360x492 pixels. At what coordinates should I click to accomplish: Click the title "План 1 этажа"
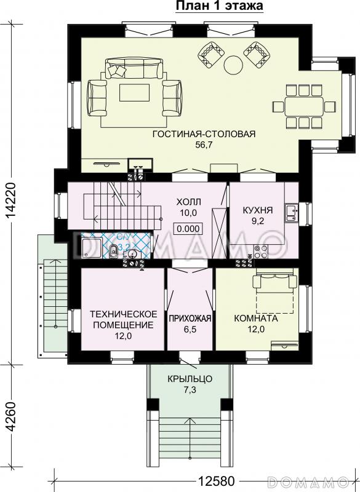coord(219,6)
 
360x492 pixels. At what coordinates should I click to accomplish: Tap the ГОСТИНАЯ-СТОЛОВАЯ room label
coord(204,134)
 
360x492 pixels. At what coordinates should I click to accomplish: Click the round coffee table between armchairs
coord(233,65)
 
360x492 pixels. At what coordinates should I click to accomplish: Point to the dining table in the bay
coord(304,106)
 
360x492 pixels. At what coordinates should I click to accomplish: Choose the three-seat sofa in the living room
coord(134,68)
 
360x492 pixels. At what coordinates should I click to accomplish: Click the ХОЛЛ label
coord(189,202)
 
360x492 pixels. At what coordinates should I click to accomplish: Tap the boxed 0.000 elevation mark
coord(188,229)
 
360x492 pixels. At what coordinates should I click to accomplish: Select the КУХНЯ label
coord(258,210)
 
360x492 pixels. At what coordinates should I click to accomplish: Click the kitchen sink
coord(291,213)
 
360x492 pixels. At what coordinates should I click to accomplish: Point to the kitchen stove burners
coord(261,252)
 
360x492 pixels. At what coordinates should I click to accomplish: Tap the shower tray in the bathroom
coord(92,248)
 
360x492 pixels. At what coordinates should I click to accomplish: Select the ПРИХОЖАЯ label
coord(190,319)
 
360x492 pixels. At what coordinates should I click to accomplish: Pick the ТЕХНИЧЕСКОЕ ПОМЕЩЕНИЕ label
coord(123,319)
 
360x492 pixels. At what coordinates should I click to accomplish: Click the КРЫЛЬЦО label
coord(190,379)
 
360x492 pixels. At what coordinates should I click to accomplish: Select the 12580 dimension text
coord(216,480)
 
